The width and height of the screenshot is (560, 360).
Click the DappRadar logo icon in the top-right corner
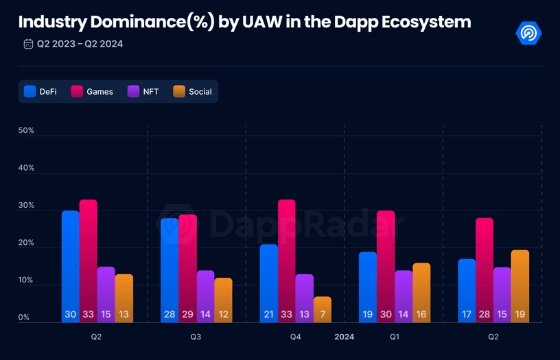pos(528,32)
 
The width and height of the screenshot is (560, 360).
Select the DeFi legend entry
pos(40,91)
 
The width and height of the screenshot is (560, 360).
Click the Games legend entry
pos(92,91)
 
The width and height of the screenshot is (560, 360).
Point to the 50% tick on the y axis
pos(26,130)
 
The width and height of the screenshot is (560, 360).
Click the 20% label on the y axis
pos(26,243)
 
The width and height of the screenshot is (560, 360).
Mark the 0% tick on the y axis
pos(24,317)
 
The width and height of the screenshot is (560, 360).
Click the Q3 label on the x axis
pos(196,337)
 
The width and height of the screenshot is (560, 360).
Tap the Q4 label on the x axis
pos(295,337)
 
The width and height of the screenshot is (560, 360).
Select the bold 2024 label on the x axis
pos(345,337)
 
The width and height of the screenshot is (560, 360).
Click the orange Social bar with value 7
pos(322,309)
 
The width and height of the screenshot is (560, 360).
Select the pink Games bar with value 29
pos(187,268)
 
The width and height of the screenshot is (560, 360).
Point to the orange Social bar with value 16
pos(421,292)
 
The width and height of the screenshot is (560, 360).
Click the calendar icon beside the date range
pos(28,44)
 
